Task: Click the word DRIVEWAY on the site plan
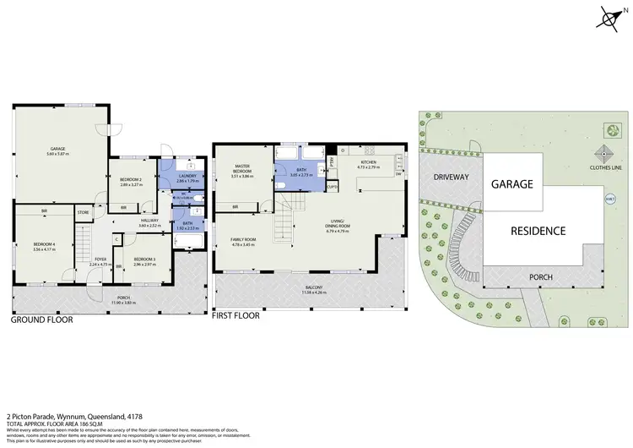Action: coord(451,178)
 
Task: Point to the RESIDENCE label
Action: coord(538,229)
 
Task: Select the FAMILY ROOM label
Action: coord(243,240)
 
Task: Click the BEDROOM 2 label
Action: coord(131,179)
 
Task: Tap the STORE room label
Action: coord(83,212)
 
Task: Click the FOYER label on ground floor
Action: coord(100,260)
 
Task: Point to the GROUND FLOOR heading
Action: coord(41,320)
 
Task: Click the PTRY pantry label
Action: coord(332,161)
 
